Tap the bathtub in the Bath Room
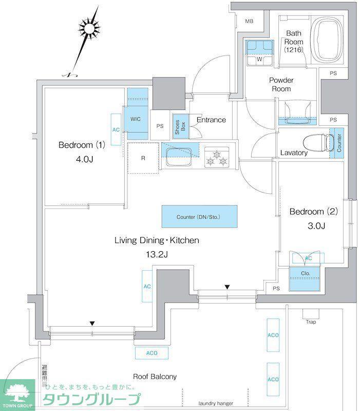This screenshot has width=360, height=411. pos(327,40)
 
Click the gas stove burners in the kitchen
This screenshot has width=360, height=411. pos(216,158)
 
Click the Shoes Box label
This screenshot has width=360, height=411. pos(180,126)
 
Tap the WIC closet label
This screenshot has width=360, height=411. pos(136,119)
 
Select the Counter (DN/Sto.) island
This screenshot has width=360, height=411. pos(199,216)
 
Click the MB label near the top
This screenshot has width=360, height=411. pos(249,21)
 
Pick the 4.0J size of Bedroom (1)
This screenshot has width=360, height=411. pos(85,159)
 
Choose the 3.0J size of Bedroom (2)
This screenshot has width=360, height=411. pos(316,226)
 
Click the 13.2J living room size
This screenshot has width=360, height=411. pos(157,254)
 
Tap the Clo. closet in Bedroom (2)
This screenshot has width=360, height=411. pos(305,279)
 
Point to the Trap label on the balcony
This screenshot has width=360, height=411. pos(311,322)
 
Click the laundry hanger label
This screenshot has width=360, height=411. pos(216,403)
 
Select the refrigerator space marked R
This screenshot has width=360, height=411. pos(143,158)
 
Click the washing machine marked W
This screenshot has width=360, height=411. pos(259,53)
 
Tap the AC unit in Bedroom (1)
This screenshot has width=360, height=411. pos(116,129)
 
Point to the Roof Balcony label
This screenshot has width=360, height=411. pos(155,377)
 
